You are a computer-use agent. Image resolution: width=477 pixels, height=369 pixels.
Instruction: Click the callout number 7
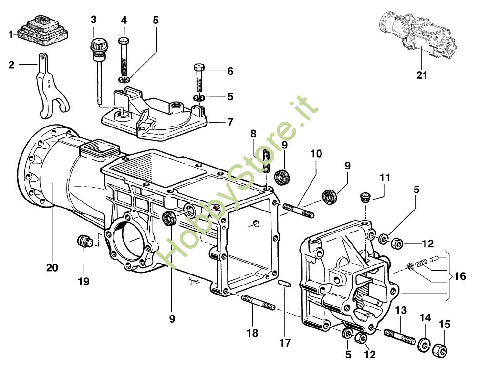230,122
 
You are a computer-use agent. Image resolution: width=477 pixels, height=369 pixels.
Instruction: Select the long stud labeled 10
299,211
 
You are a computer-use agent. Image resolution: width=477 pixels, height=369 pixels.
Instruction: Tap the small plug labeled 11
364,197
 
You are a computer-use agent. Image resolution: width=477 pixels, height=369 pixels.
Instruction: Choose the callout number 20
52,268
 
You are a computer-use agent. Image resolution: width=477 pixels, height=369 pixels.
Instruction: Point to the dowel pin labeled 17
285,283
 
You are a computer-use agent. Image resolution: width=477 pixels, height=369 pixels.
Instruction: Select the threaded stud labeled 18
259,302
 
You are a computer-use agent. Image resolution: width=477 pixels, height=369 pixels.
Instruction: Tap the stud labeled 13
400,337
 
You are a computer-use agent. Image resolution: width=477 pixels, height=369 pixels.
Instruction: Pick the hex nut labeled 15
440,350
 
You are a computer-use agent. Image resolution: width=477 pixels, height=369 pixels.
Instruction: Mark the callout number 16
460,276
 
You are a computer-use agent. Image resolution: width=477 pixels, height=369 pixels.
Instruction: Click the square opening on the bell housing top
99,147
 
